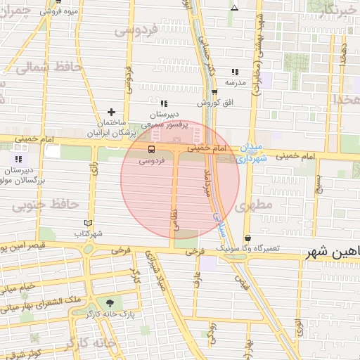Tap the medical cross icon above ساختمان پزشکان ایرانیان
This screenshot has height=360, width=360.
110,111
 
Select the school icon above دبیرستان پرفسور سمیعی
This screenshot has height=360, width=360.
164,103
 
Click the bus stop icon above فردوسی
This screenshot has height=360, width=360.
151,150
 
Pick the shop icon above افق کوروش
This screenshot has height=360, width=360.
214,92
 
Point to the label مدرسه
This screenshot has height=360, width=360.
235,82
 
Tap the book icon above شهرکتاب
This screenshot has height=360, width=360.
88,222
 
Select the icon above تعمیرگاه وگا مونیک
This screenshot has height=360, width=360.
247,238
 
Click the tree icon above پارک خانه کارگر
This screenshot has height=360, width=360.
108,302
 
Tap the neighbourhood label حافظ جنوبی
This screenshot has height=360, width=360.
44,205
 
